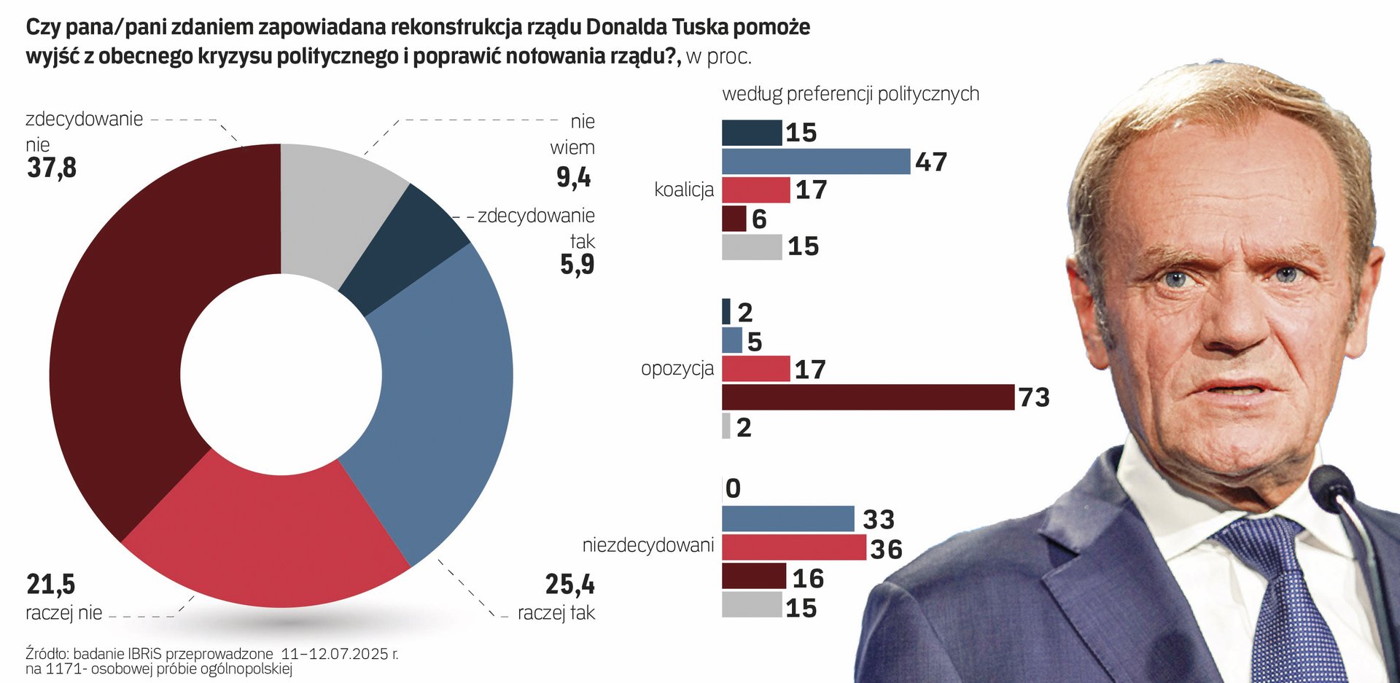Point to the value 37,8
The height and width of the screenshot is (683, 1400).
(52, 168)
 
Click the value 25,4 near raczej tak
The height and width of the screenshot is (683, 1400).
(569, 585)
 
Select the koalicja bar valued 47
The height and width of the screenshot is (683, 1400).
(816, 161)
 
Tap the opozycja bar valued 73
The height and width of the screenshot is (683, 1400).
(868, 397)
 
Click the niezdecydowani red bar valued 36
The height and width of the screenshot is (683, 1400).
(794, 547)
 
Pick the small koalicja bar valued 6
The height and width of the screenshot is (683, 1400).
(734, 219)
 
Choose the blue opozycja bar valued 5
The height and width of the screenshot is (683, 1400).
(732, 340)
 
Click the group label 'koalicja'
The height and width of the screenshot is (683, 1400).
(684, 190)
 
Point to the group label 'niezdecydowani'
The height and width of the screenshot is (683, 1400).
(648, 545)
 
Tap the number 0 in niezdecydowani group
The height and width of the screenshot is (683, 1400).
(734, 488)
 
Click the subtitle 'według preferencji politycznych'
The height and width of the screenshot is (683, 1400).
(850, 94)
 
